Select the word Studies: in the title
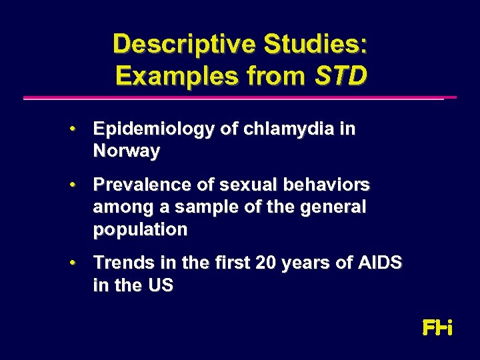point(315,44)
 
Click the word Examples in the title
point(173,76)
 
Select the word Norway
point(127,151)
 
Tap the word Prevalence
point(137,184)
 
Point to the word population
point(140,230)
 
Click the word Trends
point(121,263)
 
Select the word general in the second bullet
point(333,207)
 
